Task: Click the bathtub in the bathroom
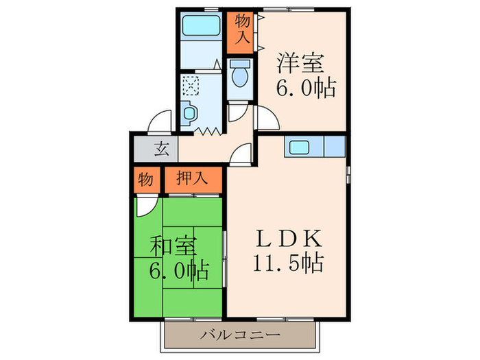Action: coord(200,29)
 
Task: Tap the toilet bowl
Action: coord(239,74)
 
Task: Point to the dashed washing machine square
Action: coord(191,86)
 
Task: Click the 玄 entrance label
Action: coord(162,148)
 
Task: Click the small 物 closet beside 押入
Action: coord(145,180)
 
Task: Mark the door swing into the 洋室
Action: coord(267,118)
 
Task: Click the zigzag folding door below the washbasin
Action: coord(205,128)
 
